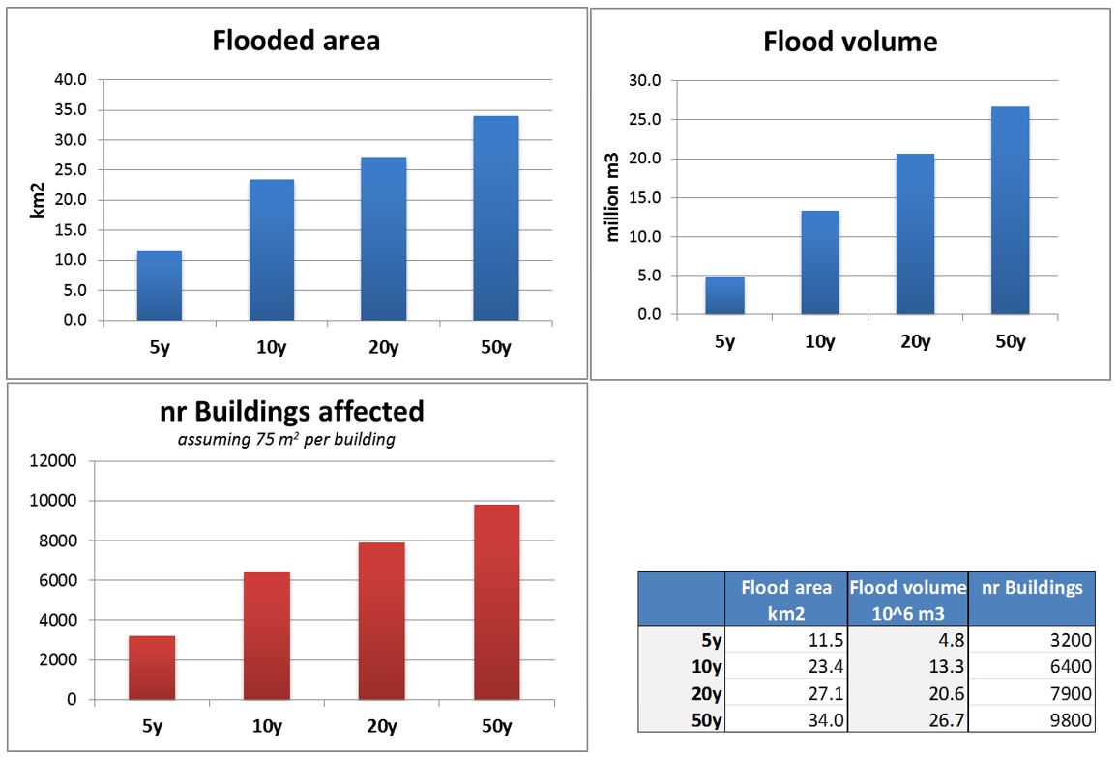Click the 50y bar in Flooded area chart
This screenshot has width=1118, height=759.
pos(495,218)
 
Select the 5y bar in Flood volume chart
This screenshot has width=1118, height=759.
pos(724,295)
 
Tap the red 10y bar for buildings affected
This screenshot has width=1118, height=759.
pos(266,635)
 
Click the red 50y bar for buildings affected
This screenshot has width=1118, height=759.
pos(496,601)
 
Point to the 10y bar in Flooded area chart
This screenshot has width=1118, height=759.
pos(271,249)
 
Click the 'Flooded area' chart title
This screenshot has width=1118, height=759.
pos(296,41)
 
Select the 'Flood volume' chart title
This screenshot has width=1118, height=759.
pos(849,42)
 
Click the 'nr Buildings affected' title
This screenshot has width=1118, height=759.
pos(291,411)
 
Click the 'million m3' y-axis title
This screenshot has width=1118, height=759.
pos(612,198)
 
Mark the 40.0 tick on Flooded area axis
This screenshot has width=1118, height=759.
pos(70,80)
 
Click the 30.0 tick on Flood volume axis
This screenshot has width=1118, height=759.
pos(644,81)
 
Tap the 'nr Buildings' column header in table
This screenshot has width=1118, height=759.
pos(1031,588)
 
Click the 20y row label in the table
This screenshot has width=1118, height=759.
pos(708,692)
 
